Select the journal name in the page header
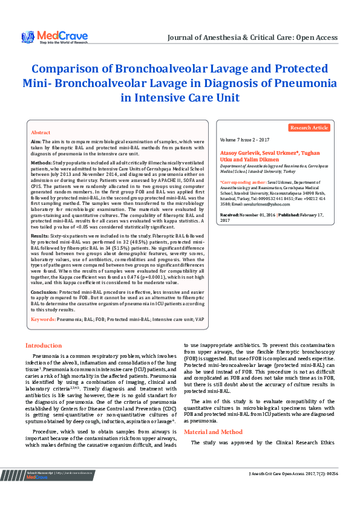(x=252, y=37)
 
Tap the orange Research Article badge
(x=309, y=128)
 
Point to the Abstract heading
(x=41, y=132)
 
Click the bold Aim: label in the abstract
(x=36, y=140)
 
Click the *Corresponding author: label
(x=246, y=181)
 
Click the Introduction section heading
(x=44, y=346)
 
